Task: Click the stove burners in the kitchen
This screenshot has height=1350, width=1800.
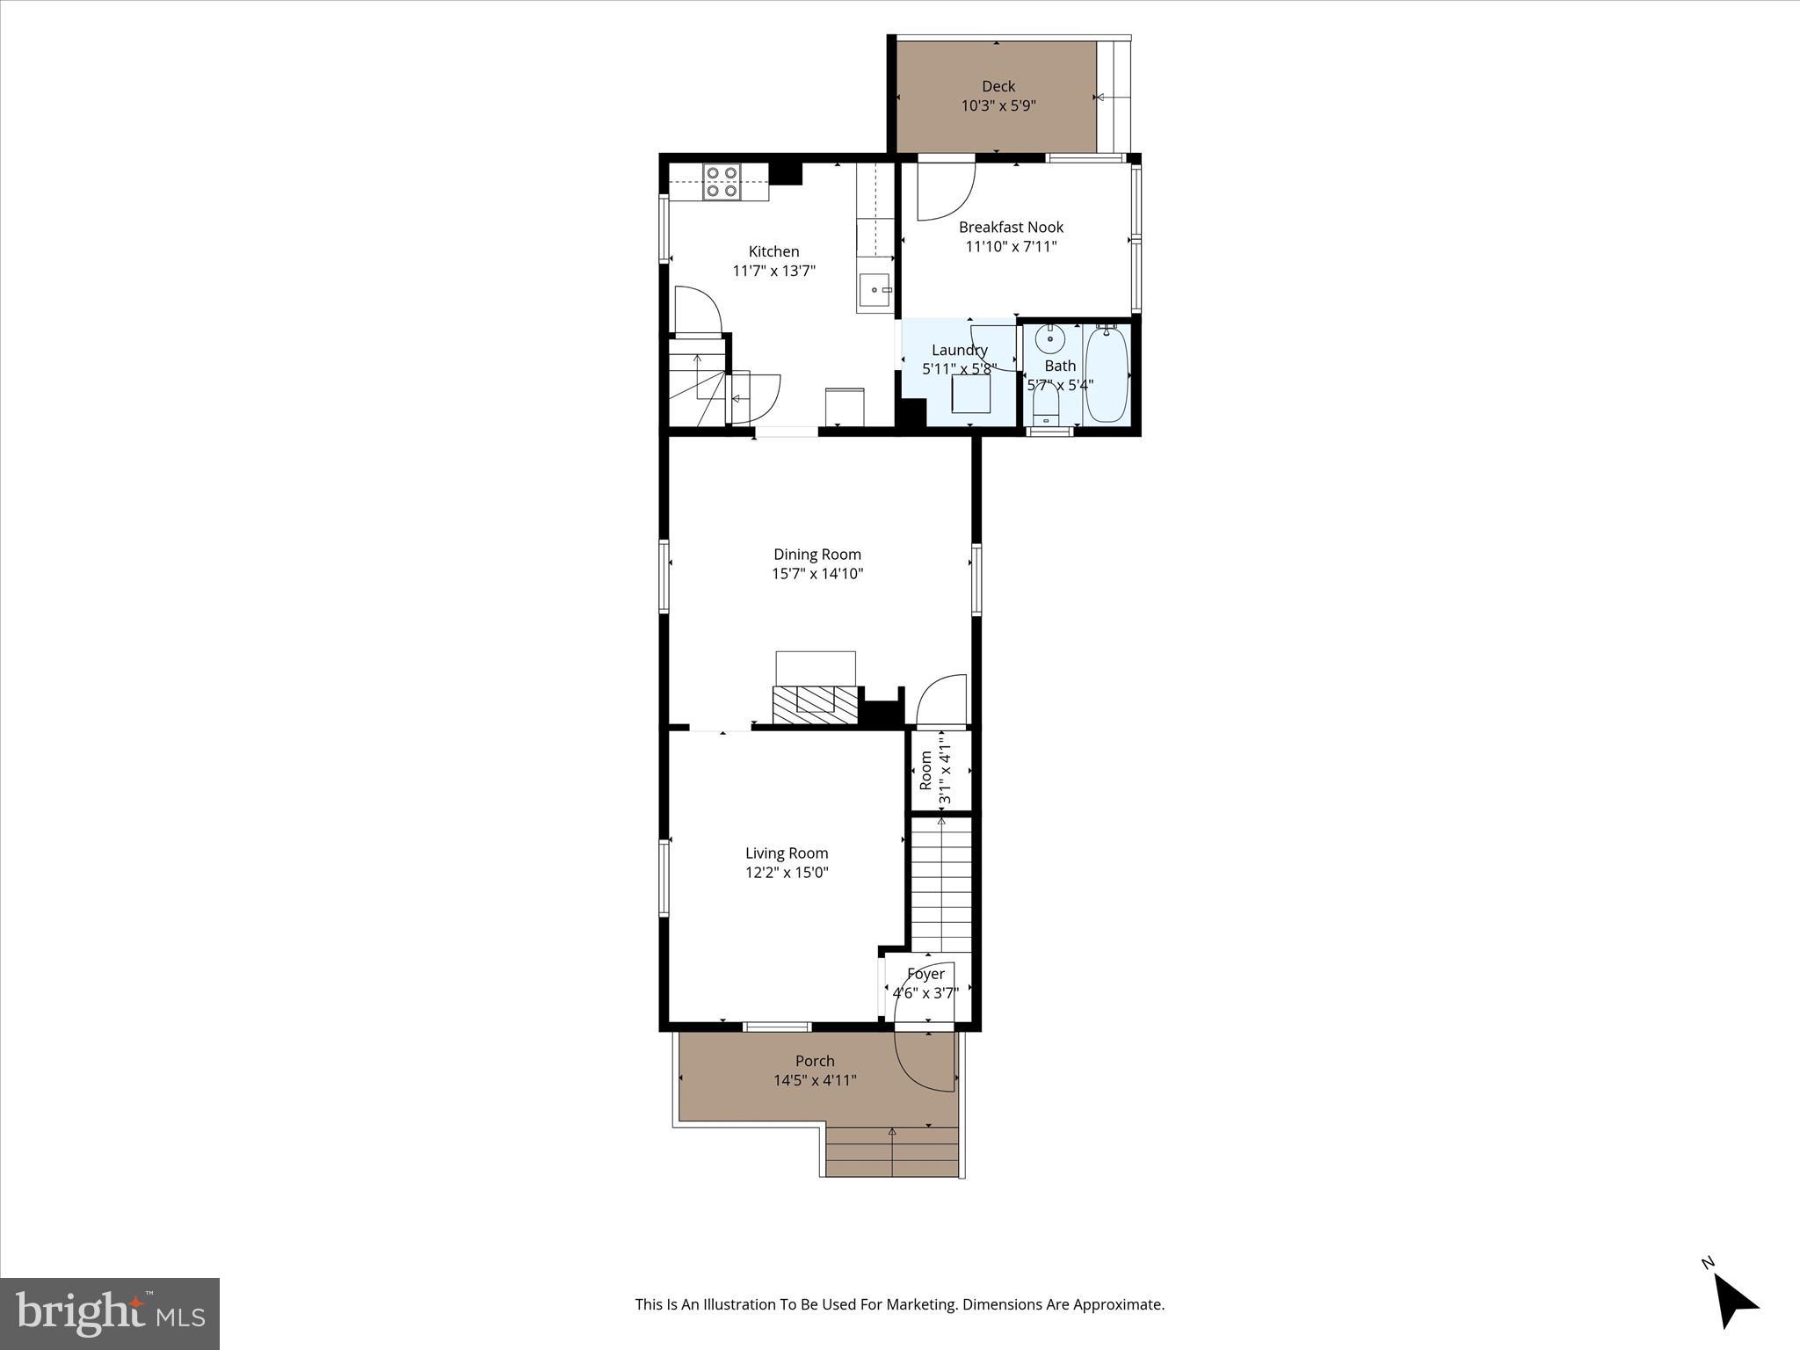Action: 722,181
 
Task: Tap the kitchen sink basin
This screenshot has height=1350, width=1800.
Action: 873,289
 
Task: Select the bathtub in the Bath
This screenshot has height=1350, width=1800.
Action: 1106,374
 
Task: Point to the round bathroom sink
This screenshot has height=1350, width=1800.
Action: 1050,337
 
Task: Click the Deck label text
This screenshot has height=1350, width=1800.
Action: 998,86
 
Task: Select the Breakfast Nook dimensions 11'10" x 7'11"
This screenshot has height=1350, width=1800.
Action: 1011,246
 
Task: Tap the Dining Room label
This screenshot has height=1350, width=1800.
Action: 817,555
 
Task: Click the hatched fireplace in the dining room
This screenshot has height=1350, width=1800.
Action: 815,703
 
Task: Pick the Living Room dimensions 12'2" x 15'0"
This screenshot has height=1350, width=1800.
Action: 787,872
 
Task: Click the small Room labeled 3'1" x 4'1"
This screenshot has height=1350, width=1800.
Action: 940,770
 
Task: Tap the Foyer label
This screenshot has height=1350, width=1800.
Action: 925,974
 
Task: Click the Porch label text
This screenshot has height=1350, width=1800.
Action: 815,1061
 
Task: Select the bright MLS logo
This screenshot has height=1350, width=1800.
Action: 110,1313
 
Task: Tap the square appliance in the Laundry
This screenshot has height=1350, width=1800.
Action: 971,394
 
